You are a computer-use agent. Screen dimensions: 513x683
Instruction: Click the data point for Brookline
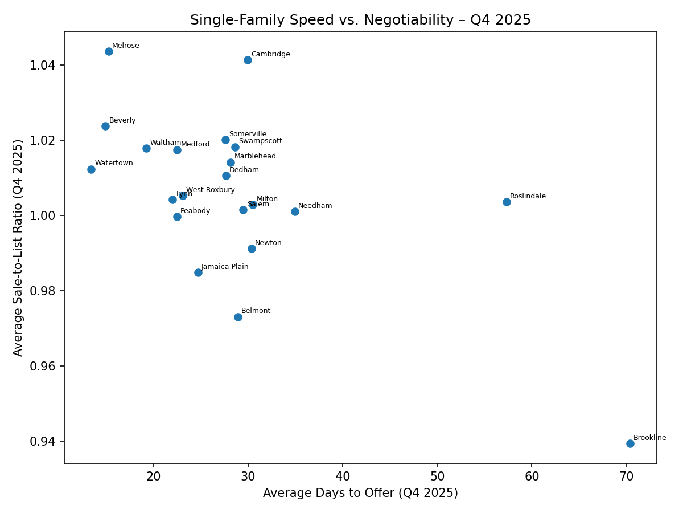point(630,443)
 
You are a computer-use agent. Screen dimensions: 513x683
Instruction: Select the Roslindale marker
point(507,202)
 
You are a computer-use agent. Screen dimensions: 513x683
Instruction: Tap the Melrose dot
point(109,51)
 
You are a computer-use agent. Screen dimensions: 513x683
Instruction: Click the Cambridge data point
point(248,60)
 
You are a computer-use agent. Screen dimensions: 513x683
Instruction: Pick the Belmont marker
point(238,317)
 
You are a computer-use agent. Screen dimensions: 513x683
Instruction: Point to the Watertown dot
point(91,169)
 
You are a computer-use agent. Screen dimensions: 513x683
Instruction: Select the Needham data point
point(295,211)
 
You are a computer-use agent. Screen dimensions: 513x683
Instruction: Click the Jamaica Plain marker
point(198,272)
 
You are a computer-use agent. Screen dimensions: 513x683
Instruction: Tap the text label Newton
point(268,243)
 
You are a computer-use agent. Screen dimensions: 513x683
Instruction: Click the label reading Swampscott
point(260,141)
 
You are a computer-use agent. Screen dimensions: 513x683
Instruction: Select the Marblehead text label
point(255,156)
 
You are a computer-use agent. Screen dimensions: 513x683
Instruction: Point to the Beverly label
point(122,120)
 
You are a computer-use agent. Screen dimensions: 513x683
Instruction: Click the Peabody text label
point(195,211)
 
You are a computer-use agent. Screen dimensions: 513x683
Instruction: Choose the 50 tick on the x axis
point(437,476)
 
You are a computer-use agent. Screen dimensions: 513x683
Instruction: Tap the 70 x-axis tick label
point(626,476)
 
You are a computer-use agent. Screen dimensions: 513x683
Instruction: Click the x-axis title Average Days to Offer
point(360,493)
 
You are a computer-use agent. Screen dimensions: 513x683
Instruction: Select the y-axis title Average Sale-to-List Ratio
point(18,247)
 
